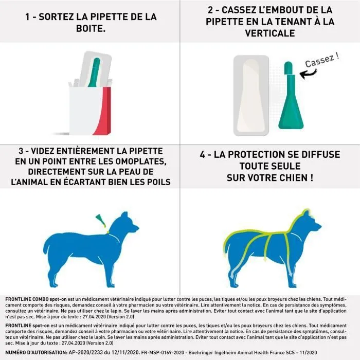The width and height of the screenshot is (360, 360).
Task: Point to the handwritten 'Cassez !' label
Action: click(x=322, y=60)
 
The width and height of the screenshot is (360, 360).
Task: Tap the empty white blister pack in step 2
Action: click(x=251, y=96)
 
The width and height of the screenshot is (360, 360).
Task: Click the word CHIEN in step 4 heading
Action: click(x=291, y=177)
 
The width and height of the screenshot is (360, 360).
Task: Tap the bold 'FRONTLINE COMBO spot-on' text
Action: click(x=34, y=299)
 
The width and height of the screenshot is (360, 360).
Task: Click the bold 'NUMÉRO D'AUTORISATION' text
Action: click(x=34, y=353)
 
